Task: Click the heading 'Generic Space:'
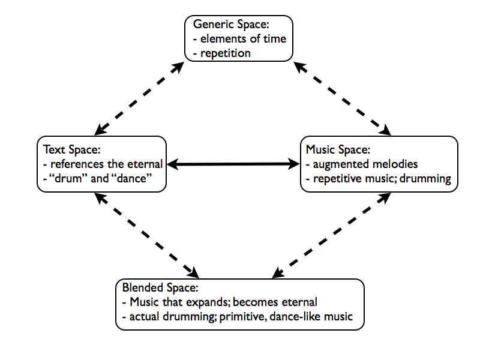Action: point(231,24)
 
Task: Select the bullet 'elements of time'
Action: point(243,39)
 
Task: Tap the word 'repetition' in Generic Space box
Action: point(226,53)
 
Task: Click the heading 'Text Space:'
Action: point(72,149)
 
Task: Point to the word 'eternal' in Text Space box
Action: point(145,164)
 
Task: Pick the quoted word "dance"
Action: point(130,178)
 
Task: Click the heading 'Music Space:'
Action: point(338,149)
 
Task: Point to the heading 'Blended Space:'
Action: point(160,287)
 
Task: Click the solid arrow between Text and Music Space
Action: point(233,164)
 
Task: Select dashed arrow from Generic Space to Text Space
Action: point(139,98)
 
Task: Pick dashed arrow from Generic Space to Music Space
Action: point(342,98)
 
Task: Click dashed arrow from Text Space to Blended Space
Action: point(146,235)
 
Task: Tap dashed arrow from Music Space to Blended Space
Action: point(331,235)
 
